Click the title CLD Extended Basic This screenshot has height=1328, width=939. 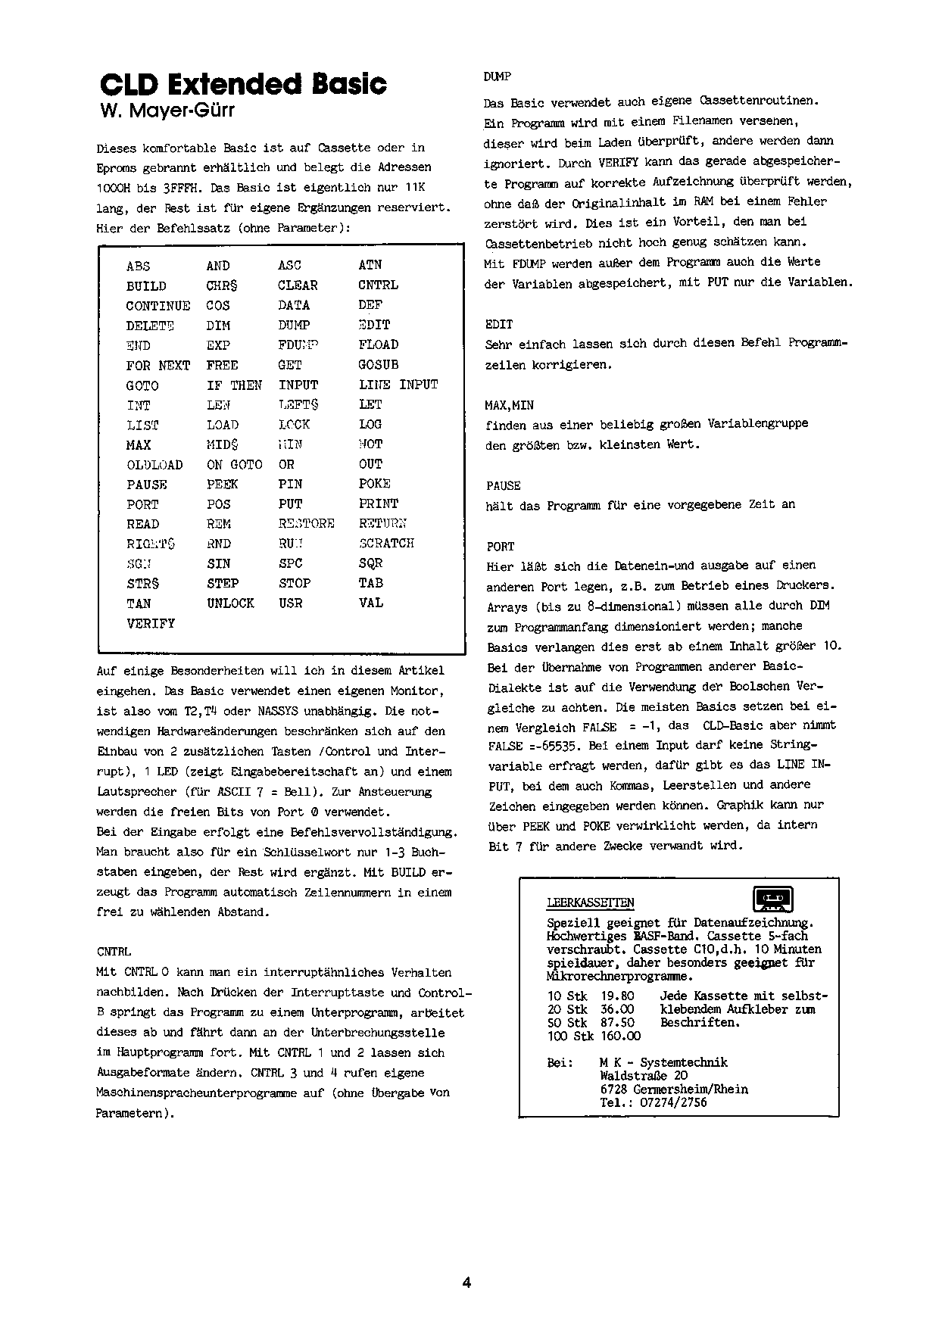click(x=243, y=85)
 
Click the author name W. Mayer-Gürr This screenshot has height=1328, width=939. click(x=167, y=111)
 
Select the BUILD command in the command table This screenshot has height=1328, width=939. click(x=146, y=286)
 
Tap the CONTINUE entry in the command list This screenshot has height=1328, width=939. click(x=158, y=306)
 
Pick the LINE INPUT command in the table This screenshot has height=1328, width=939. click(x=398, y=385)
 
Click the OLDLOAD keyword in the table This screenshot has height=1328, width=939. click(x=154, y=465)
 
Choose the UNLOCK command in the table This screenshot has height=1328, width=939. click(x=230, y=603)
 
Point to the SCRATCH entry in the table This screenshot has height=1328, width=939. click(x=386, y=544)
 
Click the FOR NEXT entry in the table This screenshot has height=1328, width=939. click(x=158, y=366)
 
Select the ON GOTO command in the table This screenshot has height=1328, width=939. click(x=234, y=465)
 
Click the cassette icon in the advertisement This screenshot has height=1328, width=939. click(x=772, y=899)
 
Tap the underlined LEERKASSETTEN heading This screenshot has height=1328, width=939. click(x=591, y=903)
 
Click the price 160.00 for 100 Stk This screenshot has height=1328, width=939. click(x=620, y=1036)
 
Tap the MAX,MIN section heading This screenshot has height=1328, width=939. click(x=509, y=405)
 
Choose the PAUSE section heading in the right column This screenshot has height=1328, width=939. click(x=503, y=486)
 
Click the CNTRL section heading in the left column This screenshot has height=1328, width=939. click(x=114, y=952)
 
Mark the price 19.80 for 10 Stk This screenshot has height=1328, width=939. click(x=617, y=996)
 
